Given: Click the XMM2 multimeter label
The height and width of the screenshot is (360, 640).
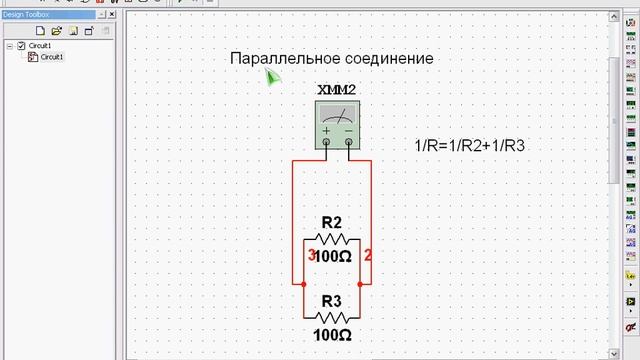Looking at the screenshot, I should [336, 91].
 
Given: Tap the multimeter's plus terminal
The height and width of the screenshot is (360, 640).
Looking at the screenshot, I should [325, 142].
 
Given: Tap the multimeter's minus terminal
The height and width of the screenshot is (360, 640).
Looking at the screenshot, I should [348, 142].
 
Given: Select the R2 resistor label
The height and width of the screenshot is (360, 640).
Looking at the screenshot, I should [332, 222].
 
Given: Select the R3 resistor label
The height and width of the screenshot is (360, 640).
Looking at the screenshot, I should [332, 300].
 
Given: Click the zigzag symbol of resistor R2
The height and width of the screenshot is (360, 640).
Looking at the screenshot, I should [332, 240].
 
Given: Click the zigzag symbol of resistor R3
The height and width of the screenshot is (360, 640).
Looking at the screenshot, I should [332, 317].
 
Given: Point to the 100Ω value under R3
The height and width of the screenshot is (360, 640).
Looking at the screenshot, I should [332, 335].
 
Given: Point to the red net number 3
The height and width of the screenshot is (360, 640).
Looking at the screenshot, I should [310, 254].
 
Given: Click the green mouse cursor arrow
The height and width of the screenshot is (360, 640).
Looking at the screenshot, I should [272, 77].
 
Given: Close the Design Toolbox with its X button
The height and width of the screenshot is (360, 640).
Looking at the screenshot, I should [118, 15].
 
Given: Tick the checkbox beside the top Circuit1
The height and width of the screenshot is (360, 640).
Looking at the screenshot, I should [21, 46].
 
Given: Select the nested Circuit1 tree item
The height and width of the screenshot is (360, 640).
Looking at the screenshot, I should [50, 57].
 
